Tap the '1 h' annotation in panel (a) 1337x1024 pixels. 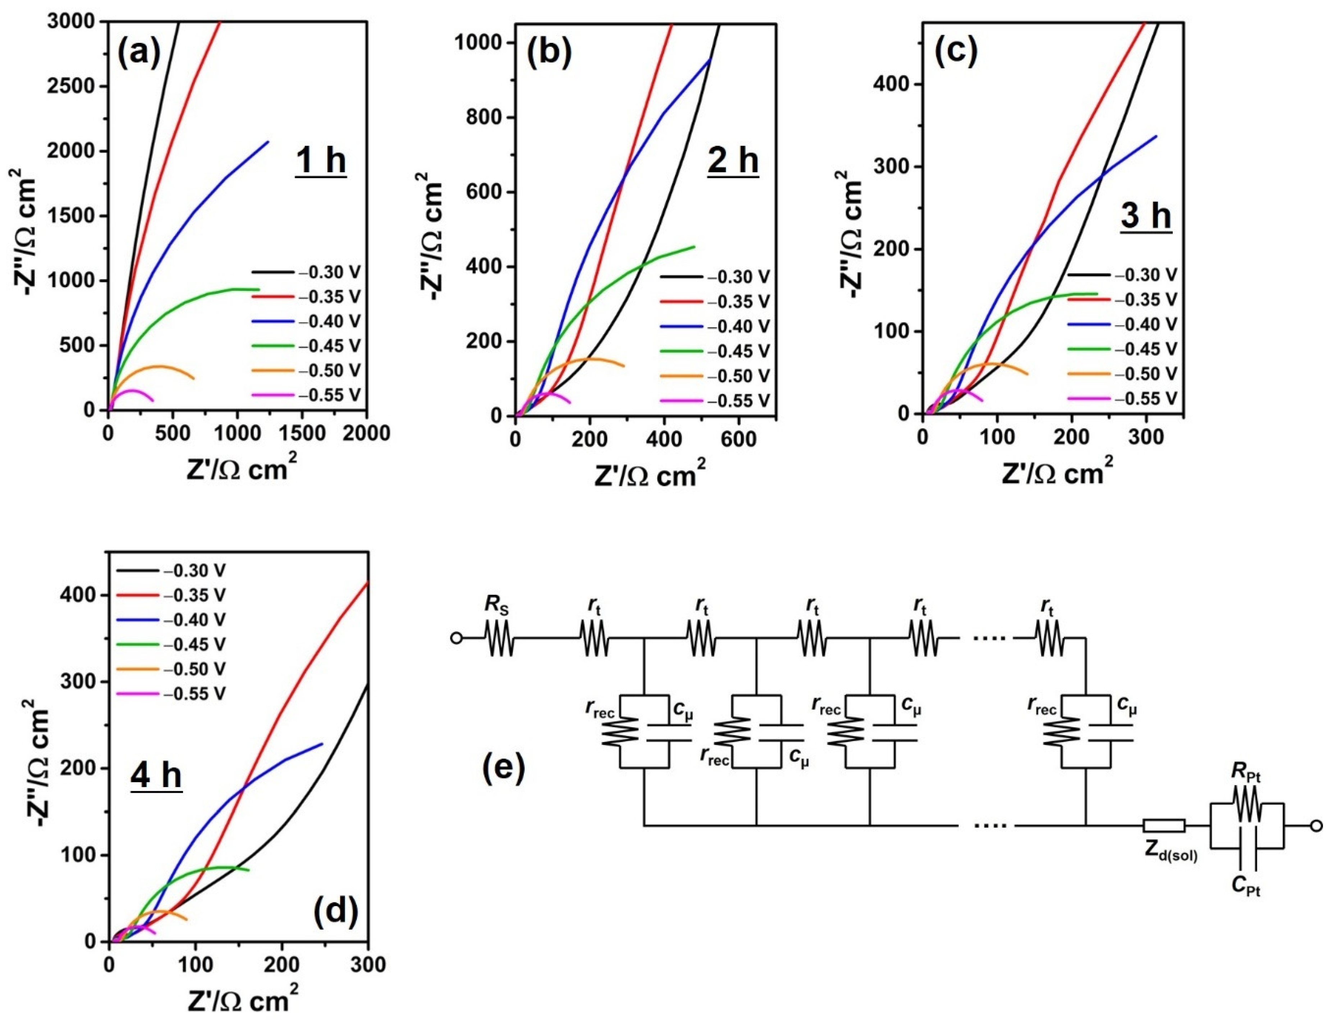[x=321, y=160]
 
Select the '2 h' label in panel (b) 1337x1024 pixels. [x=733, y=160]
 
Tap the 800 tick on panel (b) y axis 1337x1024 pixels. [x=483, y=118]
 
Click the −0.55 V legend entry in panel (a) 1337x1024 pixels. [x=329, y=395]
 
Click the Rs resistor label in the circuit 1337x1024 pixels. [x=498, y=606]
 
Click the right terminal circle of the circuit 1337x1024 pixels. [x=1316, y=827]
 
